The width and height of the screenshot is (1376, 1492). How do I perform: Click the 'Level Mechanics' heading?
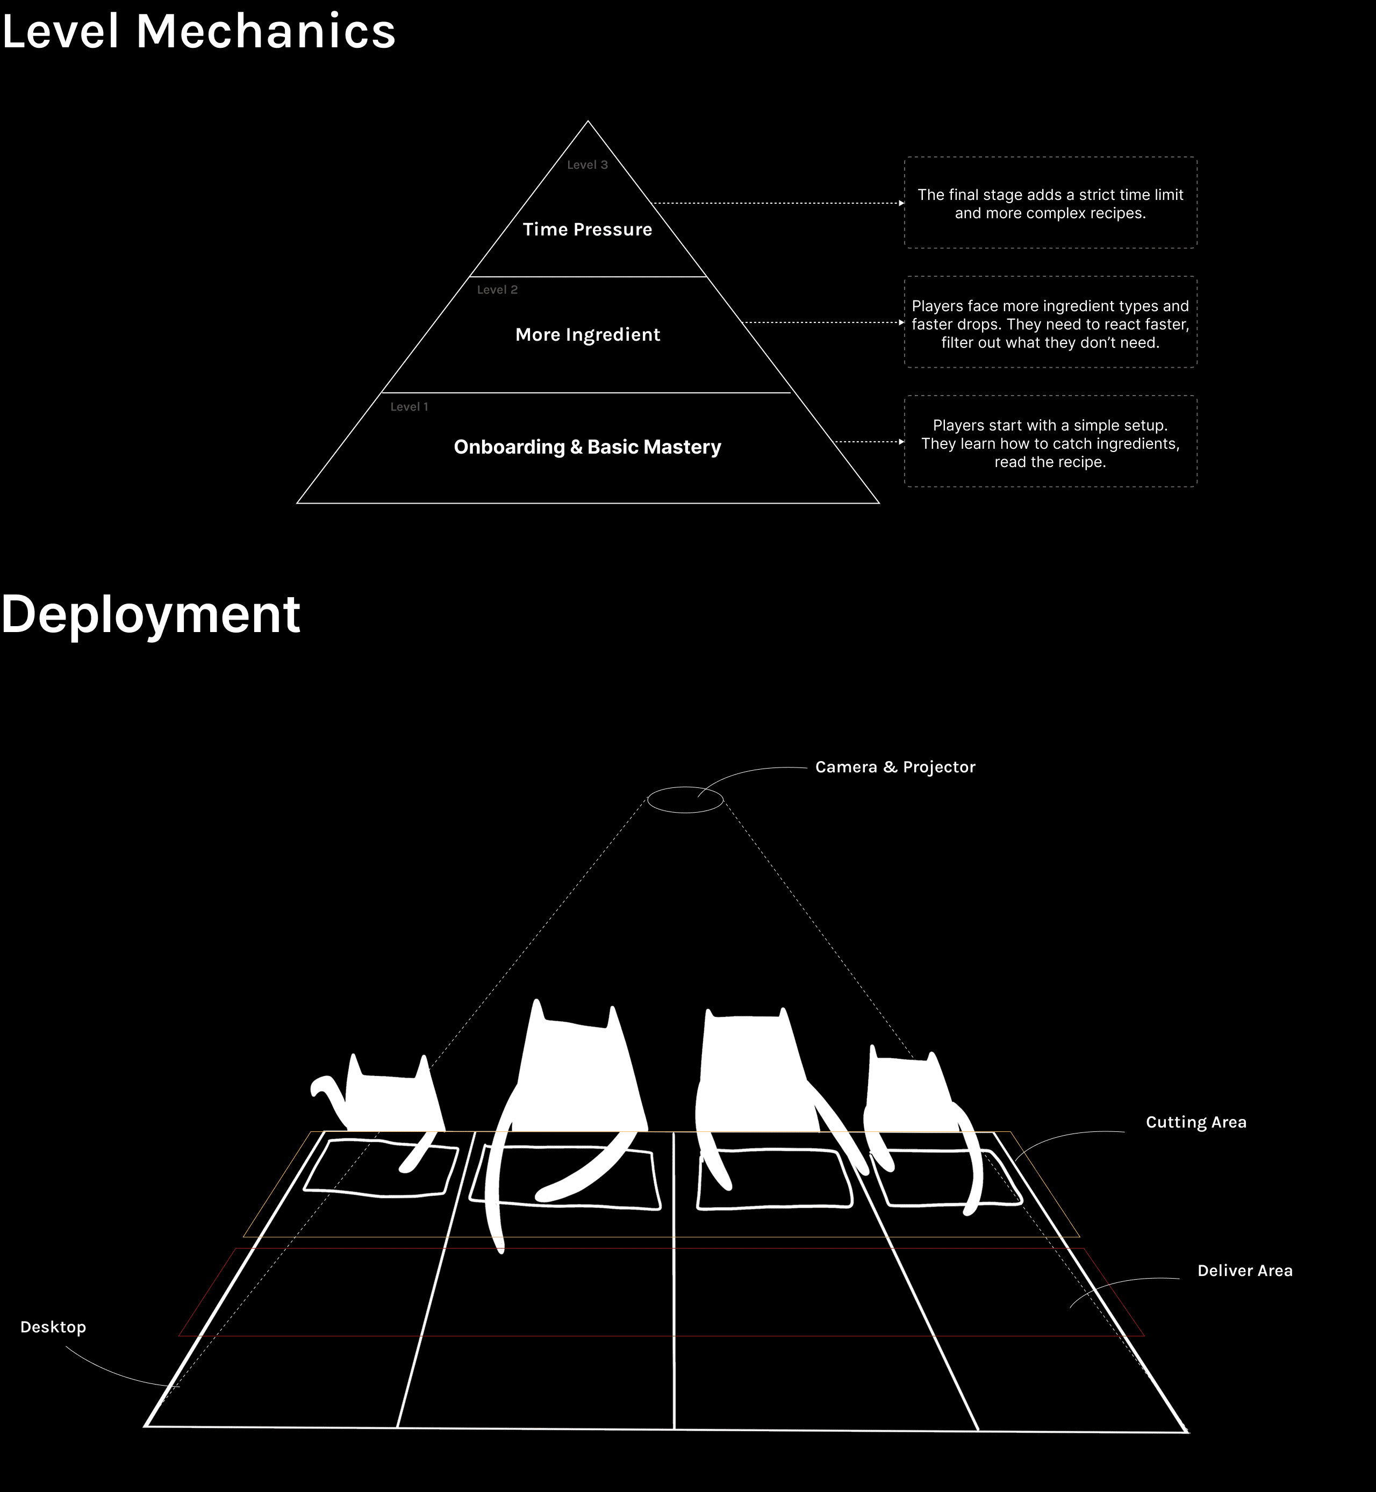point(199,32)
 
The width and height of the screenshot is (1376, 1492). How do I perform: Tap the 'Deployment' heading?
point(150,614)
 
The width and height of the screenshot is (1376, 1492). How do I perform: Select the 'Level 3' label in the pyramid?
point(587,164)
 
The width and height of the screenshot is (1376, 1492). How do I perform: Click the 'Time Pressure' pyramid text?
point(587,229)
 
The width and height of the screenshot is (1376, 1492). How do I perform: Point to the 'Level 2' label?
point(497,290)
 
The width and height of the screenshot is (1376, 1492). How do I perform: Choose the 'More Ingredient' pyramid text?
point(587,334)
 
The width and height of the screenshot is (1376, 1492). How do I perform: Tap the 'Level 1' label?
point(409,406)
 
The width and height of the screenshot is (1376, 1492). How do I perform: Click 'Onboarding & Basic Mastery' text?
point(587,447)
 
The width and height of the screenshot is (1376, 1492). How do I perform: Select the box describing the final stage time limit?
point(1050,203)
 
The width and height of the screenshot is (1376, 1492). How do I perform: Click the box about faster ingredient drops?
point(1050,323)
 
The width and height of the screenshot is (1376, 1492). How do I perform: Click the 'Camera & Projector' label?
point(894,767)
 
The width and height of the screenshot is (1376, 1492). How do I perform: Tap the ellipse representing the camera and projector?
point(684,800)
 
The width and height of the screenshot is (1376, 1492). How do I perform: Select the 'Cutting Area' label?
point(1195,1122)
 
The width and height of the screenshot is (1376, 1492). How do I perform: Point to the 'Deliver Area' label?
point(1244,1270)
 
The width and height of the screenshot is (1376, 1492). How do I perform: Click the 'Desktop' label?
point(53,1326)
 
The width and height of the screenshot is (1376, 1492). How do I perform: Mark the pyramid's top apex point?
point(587,122)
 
